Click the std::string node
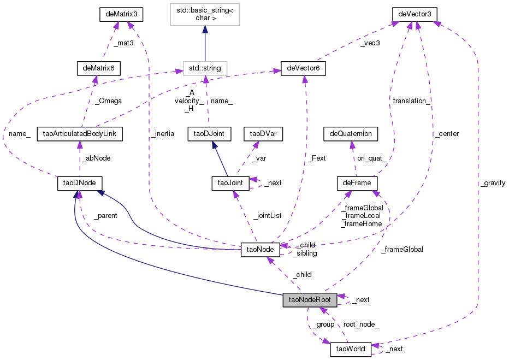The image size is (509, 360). tap(205, 68)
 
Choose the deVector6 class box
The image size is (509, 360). tap(303, 68)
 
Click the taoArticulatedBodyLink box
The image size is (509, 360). tap(80, 133)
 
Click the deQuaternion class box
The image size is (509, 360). tap(351, 133)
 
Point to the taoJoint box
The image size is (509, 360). tap(230, 182)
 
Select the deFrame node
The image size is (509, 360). tap(357, 182)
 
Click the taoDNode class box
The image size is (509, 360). tap(80, 182)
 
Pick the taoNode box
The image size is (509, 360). tap(261, 250)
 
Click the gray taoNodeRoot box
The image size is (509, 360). tap(310, 299)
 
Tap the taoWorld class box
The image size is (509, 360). tap(351, 349)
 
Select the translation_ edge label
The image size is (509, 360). tap(412, 101)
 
